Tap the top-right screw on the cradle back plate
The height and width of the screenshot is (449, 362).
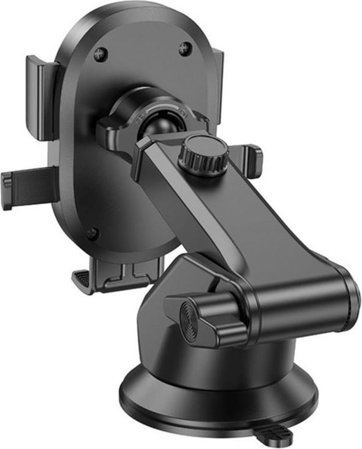[185, 48]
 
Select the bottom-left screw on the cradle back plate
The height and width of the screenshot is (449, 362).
[92, 234]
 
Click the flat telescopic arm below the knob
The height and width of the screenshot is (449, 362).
[250, 224]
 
